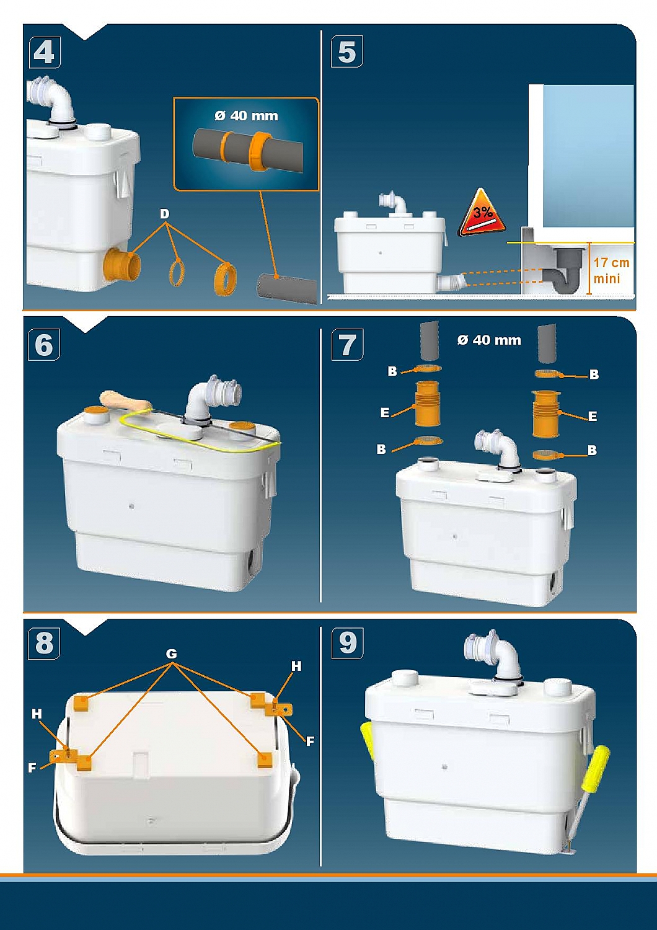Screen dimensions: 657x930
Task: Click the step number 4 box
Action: pyautogui.click(x=45, y=52)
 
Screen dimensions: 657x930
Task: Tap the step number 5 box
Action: pyautogui.click(x=347, y=52)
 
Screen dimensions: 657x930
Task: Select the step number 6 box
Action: pyautogui.click(x=44, y=345)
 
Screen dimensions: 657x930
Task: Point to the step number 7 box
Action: pyautogui.click(x=347, y=345)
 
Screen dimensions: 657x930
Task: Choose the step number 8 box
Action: pyautogui.click(x=44, y=644)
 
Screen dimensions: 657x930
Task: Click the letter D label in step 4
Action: pyautogui.click(x=165, y=215)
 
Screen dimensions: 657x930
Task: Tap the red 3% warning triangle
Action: pyautogui.click(x=482, y=214)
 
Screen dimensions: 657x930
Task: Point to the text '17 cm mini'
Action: pyautogui.click(x=611, y=270)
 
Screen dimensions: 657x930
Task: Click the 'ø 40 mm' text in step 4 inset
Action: pyautogui.click(x=246, y=116)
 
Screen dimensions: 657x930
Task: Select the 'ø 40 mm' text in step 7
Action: pyautogui.click(x=489, y=340)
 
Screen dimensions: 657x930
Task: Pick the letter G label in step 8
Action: pyautogui.click(x=172, y=654)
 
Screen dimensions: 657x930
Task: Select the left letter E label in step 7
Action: pyautogui.click(x=385, y=413)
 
